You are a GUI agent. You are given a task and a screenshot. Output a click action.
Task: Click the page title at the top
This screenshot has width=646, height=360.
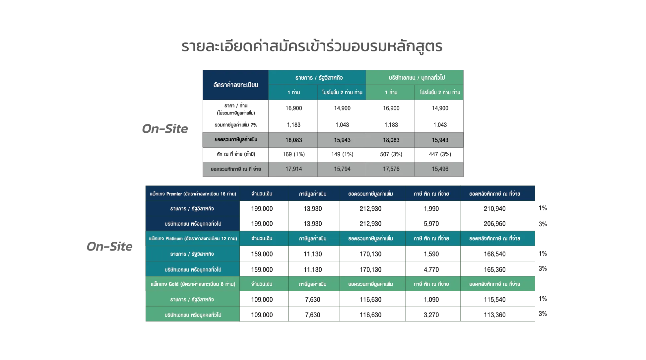click(x=312, y=46)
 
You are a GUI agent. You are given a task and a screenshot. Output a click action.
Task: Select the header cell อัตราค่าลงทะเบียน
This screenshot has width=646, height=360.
click(x=235, y=85)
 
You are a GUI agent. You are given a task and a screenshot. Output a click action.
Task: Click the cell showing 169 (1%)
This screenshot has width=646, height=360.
click(x=293, y=154)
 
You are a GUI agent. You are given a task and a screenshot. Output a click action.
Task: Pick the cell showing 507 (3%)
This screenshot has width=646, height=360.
click(x=391, y=154)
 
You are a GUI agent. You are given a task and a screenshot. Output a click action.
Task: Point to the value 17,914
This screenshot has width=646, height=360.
click(x=293, y=169)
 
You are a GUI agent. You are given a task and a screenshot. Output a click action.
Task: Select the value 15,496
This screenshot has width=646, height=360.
click(x=440, y=169)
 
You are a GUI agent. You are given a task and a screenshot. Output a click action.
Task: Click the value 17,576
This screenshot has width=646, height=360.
click(x=391, y=169)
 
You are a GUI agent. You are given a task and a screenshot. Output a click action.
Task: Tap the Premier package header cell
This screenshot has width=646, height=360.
click(x=193, y=194)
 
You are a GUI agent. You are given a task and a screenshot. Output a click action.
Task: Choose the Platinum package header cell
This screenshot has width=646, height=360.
click(x=193, y=239)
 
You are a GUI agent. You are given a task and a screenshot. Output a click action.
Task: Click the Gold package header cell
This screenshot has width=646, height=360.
click(x=193, y=284)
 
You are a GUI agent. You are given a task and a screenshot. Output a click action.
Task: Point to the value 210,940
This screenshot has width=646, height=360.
click(x=494, y=209)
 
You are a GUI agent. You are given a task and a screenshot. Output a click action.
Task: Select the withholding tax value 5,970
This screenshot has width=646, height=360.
click(x=431, y=224)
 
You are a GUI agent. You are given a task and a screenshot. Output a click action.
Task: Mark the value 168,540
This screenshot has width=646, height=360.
click(x=494, y=254)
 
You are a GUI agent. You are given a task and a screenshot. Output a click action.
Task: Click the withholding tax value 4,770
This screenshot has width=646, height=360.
click(x=431, y=270)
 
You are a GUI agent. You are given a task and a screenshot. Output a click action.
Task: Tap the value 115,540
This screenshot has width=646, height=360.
click(x=494, y=300)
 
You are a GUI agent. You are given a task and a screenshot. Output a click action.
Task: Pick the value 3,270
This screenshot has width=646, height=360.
click(x=431, y=315)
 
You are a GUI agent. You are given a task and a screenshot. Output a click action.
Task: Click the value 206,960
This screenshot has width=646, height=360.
click(x=494, y=224)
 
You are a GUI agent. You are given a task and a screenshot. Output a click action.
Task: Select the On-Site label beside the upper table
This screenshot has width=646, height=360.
click(x=165, y=129)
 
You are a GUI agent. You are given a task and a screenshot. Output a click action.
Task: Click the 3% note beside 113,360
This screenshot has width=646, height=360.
click(x=543, y=314)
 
